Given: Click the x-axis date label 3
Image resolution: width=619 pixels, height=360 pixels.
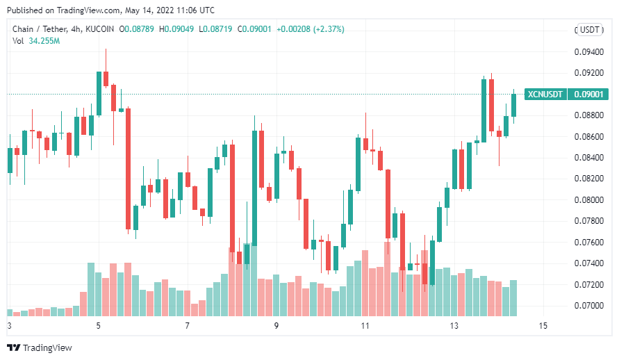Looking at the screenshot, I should [9, 326].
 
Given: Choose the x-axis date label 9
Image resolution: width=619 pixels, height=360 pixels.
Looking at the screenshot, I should [276, 326].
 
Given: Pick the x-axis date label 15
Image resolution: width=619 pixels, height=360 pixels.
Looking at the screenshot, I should [543, 326].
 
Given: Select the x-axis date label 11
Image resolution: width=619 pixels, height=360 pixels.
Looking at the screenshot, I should [365, 326].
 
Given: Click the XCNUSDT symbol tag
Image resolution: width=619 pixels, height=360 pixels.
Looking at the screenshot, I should [546, 94].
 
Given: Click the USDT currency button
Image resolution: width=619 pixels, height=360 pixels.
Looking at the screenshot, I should [591, 29].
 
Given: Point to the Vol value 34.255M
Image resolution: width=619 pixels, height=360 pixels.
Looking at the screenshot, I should [44, 41].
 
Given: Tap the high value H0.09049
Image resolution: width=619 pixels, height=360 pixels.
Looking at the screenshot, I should [176, 29].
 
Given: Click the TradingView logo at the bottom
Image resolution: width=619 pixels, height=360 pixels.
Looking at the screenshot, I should [40, 347].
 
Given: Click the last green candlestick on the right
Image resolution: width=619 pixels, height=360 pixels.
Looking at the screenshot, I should [514, 105].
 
